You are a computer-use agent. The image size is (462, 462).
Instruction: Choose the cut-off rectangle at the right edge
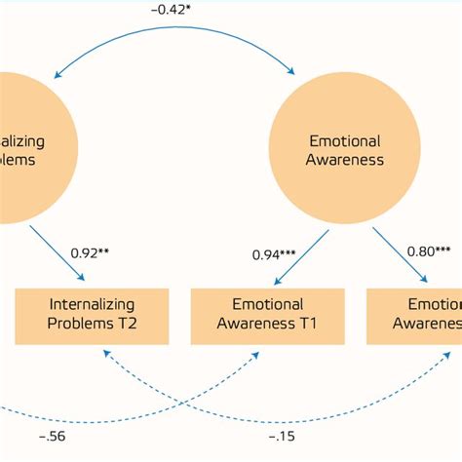click(414, 315)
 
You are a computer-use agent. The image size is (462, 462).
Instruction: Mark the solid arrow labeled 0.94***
click(310, 249)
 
